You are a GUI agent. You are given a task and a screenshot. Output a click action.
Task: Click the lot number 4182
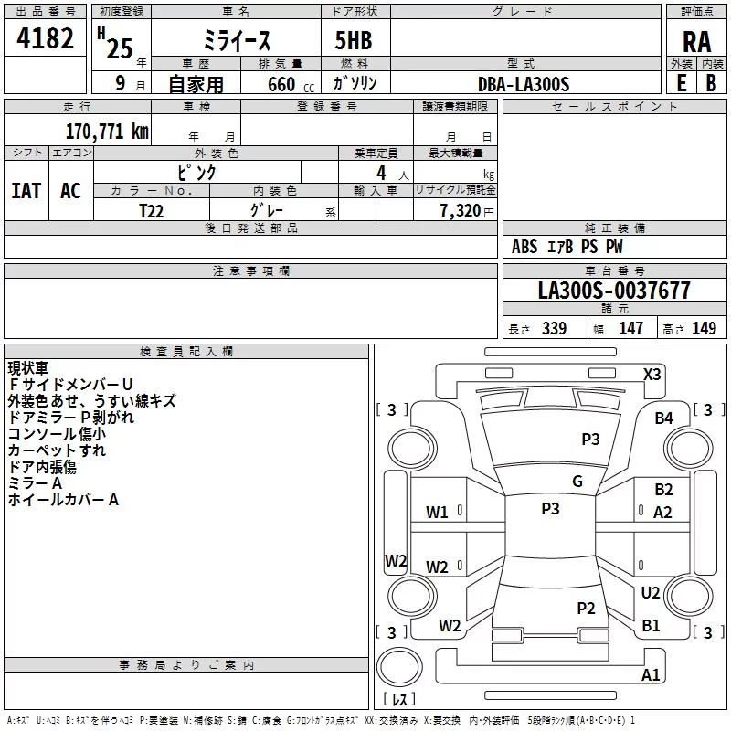pos(45,38)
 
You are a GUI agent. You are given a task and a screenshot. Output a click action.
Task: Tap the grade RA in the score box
pos(696,42)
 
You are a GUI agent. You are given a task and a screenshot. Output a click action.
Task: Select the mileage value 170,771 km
pos(107,132)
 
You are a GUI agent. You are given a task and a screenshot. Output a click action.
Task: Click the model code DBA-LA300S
pos(524,84)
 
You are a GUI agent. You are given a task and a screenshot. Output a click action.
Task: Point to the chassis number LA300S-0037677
pos(614,291)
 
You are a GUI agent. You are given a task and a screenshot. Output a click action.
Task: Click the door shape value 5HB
pos(354,40)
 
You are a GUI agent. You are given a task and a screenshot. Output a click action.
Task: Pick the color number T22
pos(152,211)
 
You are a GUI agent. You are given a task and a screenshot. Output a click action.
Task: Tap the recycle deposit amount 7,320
pos(461,211)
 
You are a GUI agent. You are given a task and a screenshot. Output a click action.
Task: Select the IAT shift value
pos(26,191)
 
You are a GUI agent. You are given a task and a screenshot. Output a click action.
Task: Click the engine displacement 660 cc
pos(291,84)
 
